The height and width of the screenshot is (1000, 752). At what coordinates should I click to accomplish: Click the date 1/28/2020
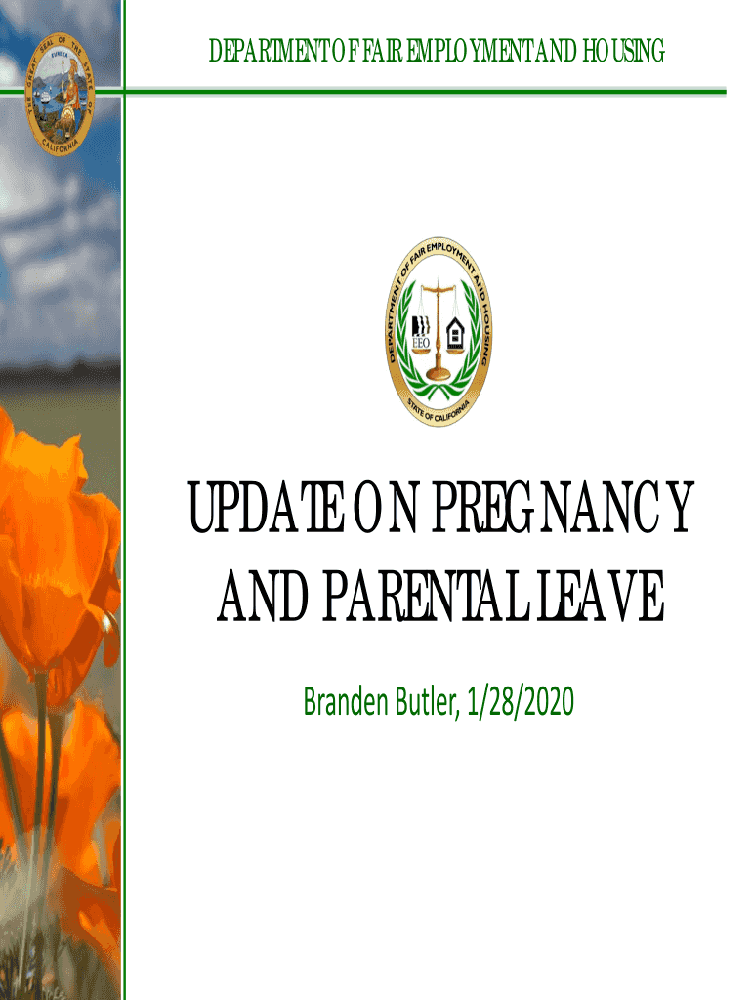pos(520,701)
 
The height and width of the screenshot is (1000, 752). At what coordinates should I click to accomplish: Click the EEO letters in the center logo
pos(422,343)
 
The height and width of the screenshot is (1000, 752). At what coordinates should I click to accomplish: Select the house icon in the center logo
pos(455,332)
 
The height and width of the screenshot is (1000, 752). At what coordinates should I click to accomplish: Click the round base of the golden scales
pos(439,374)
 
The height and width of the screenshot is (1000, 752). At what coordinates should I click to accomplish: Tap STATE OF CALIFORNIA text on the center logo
pos(439,411)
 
